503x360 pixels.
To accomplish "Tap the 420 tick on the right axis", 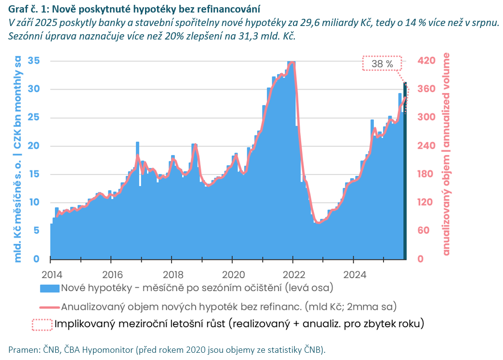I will click(426, 61).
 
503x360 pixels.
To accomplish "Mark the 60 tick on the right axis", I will click(423, 230).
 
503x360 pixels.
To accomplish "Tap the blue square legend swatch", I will click(49, 289).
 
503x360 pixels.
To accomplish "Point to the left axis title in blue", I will click(18, 159).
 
